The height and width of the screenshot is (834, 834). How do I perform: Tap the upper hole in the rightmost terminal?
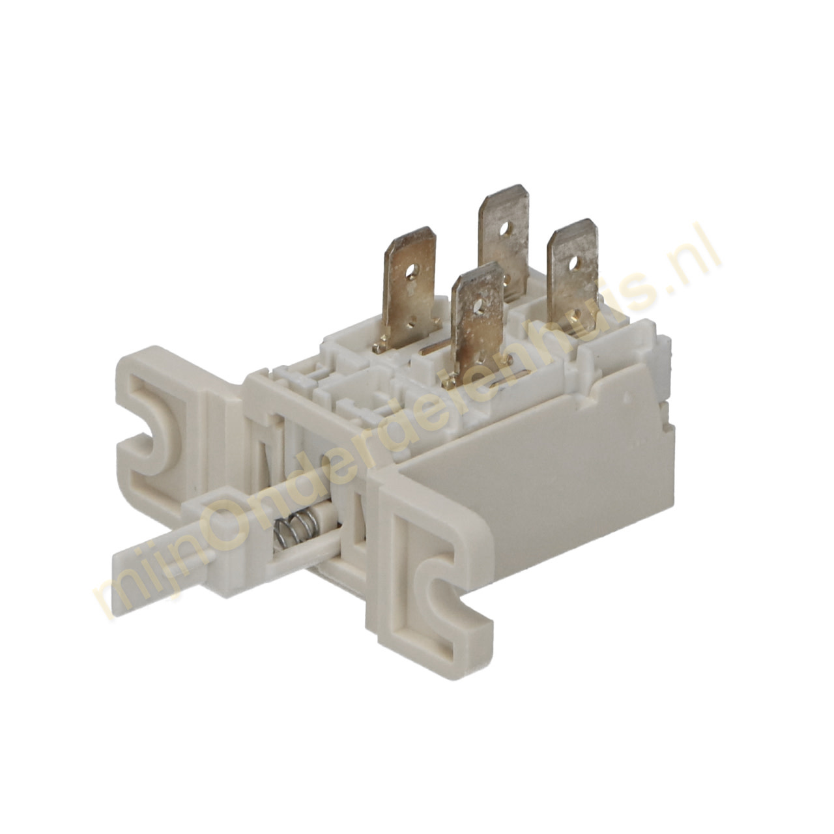point(573,262)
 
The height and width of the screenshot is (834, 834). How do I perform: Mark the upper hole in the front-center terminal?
point(478,305)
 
